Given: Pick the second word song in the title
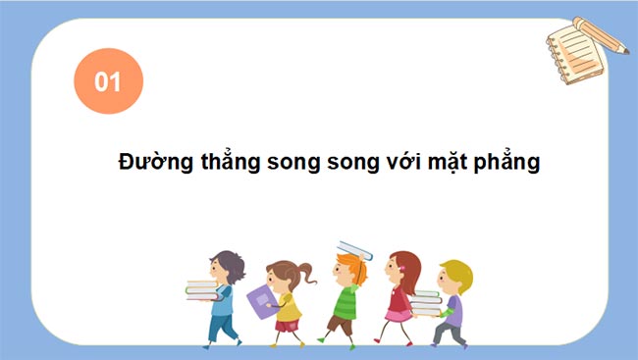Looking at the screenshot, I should tap(351, 163).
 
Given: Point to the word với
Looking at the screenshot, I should tap(404, 162).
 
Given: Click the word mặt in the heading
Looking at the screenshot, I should tap(453, 163).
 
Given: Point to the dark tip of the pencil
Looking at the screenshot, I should tap(625, 49).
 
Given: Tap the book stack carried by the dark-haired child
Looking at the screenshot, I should tap(201, 289).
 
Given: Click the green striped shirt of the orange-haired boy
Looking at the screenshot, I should tap(344, 300).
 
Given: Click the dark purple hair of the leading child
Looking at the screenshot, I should tap(229, 263).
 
